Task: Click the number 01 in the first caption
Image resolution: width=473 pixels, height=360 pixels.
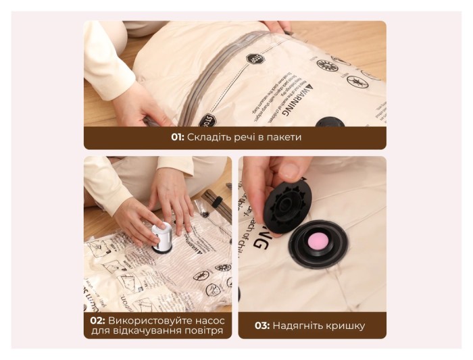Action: pyautogui.click(x=177, y=137)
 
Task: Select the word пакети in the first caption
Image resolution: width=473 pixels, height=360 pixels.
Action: pyautogui.click(x=283, y=137)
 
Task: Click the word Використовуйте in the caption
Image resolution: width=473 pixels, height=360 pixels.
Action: pyautogui.click(x=147, y=319)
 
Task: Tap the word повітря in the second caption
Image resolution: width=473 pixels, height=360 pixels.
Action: pyautogui.click(x=201, y=332)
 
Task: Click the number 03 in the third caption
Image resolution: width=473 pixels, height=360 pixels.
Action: pyautogui.click(x=262, y=326)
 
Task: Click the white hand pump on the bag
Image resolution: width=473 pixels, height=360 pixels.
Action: pyautogui.click(x=164, y=238)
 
